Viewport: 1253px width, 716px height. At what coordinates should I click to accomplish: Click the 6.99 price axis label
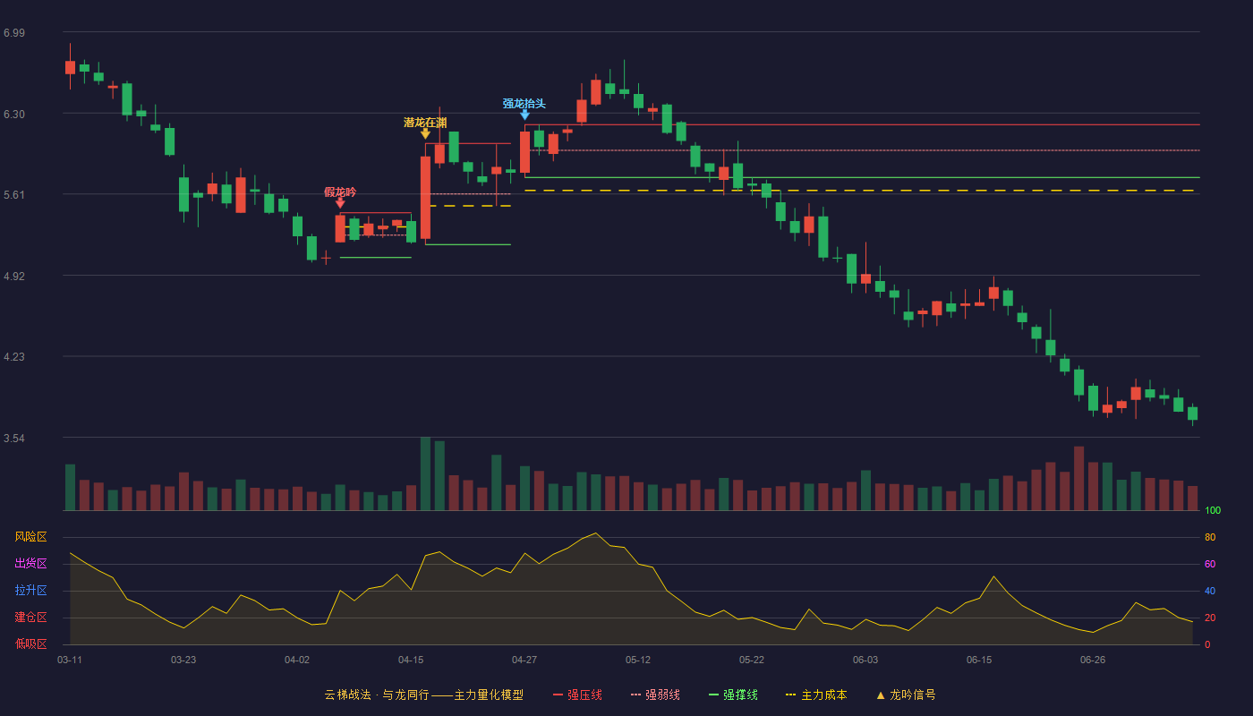pyautogui.click(x=14, y=33)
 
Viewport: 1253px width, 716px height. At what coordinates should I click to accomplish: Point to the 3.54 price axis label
pyautogui.click(x=14, y=438)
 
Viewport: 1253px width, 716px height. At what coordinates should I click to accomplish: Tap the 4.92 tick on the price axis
pyautogui.click(x=14, y=277)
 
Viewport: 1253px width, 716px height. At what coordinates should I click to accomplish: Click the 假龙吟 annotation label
pyautogui.click(x=340, y=192)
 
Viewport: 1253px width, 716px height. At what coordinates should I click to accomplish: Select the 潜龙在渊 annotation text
pyautogui.click(x=425, y=123)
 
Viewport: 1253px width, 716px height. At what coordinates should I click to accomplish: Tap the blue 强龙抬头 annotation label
pyautogui.click(x=524, y=104)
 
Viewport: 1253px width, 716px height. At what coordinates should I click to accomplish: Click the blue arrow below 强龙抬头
pyautogui.click(x=524, y=115)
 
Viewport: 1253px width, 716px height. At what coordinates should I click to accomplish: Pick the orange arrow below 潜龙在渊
pyautogui.click(x=425, y=133)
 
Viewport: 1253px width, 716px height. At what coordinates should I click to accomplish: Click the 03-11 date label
pyautogui.click(x=70, y=661)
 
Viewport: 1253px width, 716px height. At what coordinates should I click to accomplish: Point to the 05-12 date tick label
pyautogui.click(x=637, y=661)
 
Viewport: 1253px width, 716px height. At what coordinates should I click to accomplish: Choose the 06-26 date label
pyautogui.click(x=1093, y=661)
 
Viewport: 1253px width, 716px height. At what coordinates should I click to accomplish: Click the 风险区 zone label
pyautogui.click(x=30, y=537)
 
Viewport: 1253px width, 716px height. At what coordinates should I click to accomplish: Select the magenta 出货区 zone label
pyautogui.click(x=30, y=563)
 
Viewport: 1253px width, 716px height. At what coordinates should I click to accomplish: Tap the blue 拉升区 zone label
pyautogui.click(x=30, y=590)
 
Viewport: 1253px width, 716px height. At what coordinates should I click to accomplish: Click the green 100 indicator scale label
pyautogui.click(x=1213, y=510)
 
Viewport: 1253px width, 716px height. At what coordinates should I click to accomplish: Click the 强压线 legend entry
pyautogui.click(x=577, y=695)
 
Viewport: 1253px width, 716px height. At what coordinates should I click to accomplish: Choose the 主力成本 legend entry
pyautogui.click(x=816, y=695)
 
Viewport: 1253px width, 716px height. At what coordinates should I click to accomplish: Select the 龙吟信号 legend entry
pyautogui.click(x=906, y=695)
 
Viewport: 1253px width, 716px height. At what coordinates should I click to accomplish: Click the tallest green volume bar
pyautogui.click(x=425, y=473)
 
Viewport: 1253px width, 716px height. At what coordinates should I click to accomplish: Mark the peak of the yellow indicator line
pyautogui.click(x=596, y=533)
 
